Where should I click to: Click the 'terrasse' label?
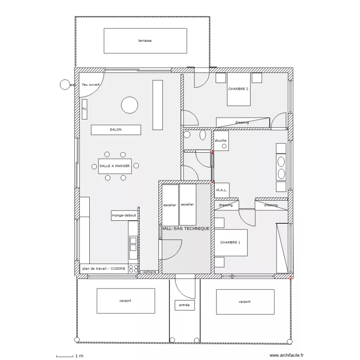(145, 41)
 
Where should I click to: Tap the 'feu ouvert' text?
(91, 84)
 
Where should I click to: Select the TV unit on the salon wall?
(84, 109)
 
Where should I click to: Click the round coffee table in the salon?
(130, 105)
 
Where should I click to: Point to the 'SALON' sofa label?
(116, 130)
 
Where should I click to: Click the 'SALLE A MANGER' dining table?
(115, 166)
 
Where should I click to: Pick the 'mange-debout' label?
(124, 216)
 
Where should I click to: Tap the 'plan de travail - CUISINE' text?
(104, 268)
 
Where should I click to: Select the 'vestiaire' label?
(149, 272)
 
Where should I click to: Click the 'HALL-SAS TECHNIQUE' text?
(185, 228)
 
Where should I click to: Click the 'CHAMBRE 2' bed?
(239, 89)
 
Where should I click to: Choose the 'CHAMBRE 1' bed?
(231, 242)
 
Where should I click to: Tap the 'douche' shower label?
(220, 141)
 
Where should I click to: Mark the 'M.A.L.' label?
(222, 190)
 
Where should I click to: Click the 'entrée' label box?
(185, 305)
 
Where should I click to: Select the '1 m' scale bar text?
(79, 356)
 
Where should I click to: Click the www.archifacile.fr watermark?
(286, 355)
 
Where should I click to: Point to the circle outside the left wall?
(65, 84)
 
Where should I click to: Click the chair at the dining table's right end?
(136, 166)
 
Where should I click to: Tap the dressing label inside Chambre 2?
(242, 122)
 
